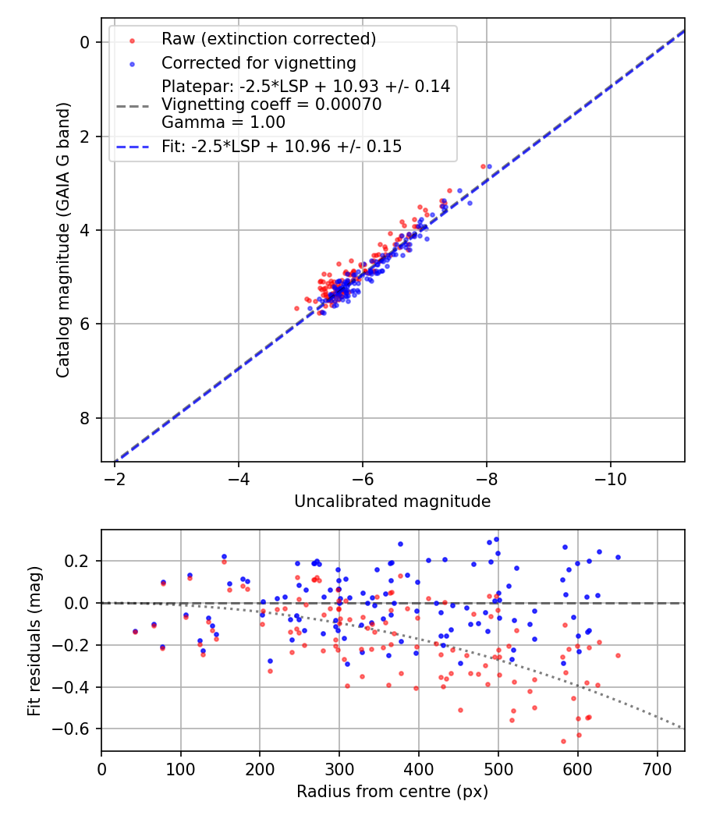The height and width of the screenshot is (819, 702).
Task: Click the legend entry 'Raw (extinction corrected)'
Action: (268, 39)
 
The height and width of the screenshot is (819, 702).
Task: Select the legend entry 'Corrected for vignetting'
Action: (258, 63)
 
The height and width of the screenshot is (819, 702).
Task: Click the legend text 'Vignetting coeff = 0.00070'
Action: (271, 105)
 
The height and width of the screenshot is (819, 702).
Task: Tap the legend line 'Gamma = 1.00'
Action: (223, 122)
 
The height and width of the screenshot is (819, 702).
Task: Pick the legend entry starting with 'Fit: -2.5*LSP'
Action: (282, 147)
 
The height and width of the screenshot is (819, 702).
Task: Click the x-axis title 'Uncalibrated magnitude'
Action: (392, 502)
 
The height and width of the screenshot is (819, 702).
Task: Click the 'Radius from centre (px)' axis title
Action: (392, 792)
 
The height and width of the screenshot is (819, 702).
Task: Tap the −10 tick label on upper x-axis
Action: (611, 477)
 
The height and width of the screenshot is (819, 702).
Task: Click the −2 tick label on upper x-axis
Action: (115, 477)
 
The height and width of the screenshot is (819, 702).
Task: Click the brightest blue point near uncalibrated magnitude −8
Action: (489, 166)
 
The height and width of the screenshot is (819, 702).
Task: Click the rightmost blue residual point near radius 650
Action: (618, 557)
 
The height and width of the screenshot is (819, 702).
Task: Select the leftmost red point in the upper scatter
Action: (296, 308)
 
